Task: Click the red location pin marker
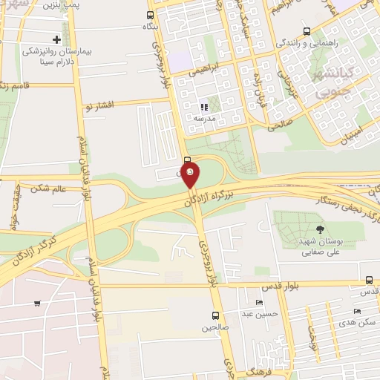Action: [191, 175]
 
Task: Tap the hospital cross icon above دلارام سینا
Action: [56, 39]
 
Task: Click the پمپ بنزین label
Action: [62, 5]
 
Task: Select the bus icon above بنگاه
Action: [151, 15]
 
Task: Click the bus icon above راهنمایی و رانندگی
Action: [307, 32]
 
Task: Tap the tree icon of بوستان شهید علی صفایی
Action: [320, 229]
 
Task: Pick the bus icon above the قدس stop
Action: [370, 280]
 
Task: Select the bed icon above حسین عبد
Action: [258, 303]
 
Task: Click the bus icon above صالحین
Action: [215, 315]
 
